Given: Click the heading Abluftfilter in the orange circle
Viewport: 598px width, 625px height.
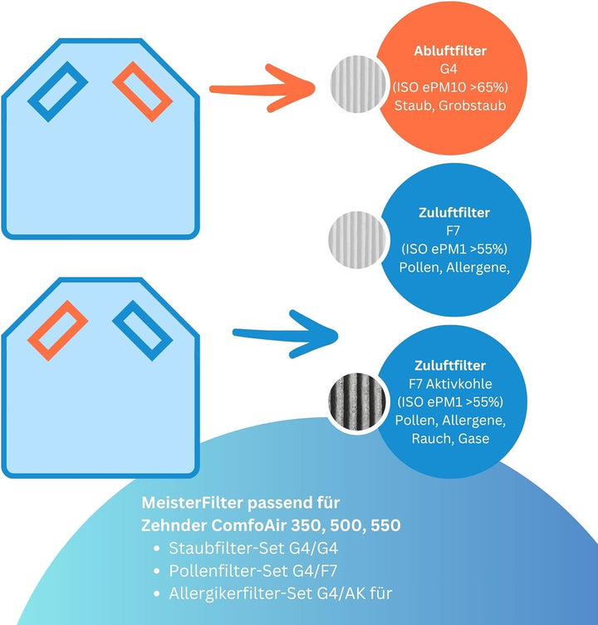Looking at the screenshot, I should click(x=450, y=52).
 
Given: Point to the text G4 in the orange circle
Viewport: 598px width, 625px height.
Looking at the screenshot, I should click(x=450, y=70).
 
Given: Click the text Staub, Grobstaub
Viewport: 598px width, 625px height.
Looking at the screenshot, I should click(x=450, y=106).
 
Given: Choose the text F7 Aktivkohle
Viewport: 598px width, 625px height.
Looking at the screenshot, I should click(x=450, y=384).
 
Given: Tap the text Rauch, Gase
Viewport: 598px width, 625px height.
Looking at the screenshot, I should click(x=450, y=438).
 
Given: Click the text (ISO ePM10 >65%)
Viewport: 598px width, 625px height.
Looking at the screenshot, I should click(x=450, y=88).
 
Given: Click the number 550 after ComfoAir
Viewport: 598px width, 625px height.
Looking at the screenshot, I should click(x=384, y=526).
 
